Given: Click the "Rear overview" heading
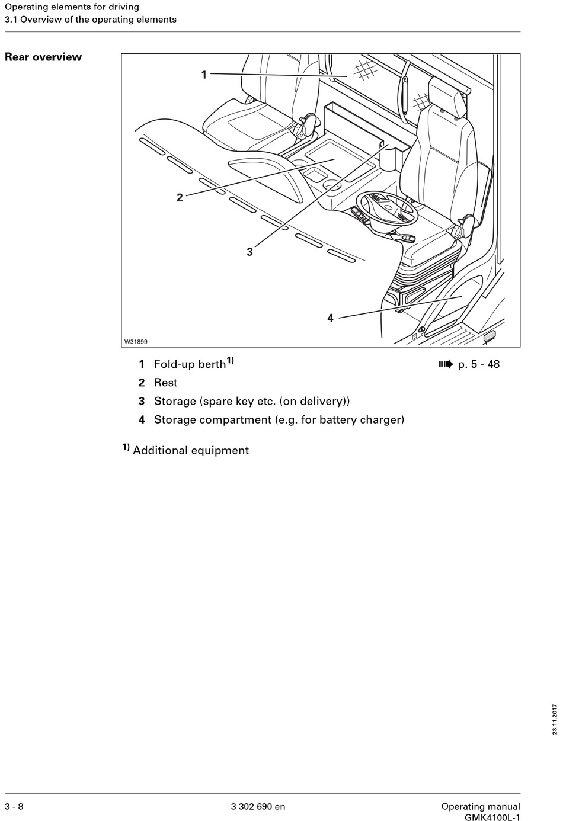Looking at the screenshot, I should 43,57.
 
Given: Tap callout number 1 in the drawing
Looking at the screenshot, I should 204,75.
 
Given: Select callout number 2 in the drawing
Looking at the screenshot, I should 180,198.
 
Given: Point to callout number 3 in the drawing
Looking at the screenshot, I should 249,252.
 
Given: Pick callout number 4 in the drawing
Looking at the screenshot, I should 330,318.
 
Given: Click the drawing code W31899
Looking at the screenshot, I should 136,342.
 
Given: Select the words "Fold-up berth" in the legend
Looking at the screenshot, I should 190,364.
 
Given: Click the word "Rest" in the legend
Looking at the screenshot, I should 165,383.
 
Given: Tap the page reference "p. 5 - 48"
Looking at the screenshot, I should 479,364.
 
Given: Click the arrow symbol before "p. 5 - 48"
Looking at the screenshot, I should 445,364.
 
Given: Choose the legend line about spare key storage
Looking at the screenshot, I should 252,401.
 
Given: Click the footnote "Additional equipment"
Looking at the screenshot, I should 190,450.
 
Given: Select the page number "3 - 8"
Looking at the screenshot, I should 14,806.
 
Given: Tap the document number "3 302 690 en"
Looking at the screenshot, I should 258,806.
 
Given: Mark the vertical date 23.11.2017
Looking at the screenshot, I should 555,719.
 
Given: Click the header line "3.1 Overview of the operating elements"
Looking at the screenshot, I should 91,20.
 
